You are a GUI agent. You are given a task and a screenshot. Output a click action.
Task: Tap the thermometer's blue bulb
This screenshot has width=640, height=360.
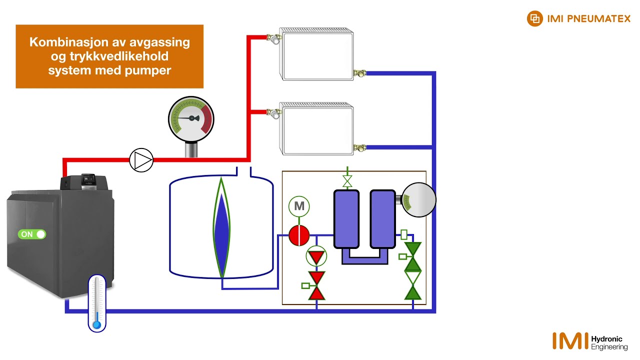[97, 325]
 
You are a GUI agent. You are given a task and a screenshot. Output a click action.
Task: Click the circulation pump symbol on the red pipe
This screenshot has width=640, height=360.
[141, 160]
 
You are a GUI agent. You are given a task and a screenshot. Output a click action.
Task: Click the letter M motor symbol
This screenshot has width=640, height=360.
[299, 206]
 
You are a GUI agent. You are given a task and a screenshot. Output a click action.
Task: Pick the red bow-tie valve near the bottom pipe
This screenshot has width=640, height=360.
[316, 285]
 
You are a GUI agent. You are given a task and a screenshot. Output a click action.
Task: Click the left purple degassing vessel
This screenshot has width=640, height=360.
[346, 218]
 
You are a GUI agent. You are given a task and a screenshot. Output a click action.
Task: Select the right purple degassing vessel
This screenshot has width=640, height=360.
[382, 218]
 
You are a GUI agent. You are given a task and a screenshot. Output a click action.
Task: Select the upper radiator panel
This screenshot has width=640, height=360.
[317, 54]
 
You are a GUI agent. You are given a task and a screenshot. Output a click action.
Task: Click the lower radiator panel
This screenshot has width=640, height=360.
[317, 129]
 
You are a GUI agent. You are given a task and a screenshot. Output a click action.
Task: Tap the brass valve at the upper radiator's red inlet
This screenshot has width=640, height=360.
[273, 38]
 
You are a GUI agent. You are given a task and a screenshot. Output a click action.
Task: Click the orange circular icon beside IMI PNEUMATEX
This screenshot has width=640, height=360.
[534, 19]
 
